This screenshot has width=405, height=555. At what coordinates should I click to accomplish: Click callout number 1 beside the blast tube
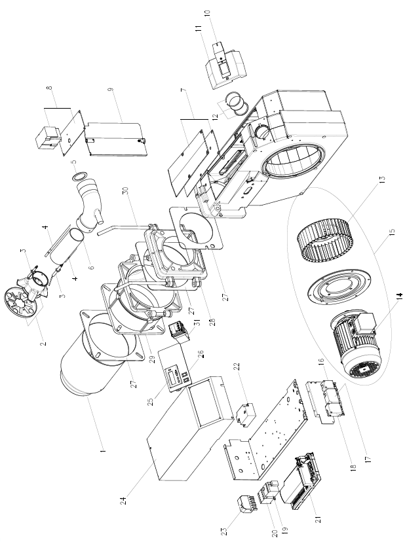pyautogui.click(x=103, y=451)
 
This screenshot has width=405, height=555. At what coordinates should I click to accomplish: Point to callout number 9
pyautogui.click(x=111, y=89)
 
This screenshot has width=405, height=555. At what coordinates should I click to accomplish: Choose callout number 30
pyautogui.click(x=124, y=190)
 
